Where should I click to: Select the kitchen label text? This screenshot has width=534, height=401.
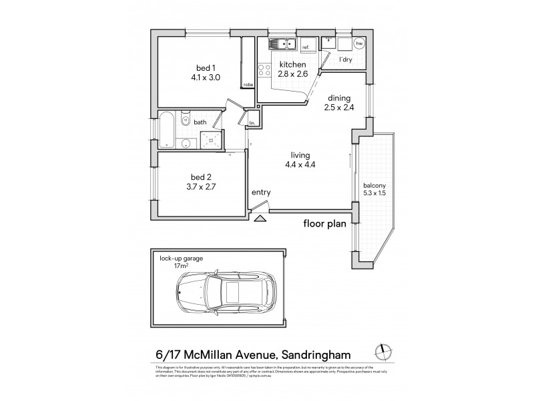[x=292, y=65]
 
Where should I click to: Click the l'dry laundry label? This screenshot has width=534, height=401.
[x=346, y=60]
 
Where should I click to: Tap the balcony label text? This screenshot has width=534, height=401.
[x=374, y=185]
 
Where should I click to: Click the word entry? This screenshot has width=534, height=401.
[x=261, y=192]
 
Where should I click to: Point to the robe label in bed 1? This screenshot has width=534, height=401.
[x=248, y=85]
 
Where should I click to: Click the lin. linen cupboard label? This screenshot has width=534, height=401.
[x=252, y=123]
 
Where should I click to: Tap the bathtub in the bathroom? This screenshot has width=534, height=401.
[x=167, y=129]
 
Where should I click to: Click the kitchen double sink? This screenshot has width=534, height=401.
[x=283, y=44]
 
